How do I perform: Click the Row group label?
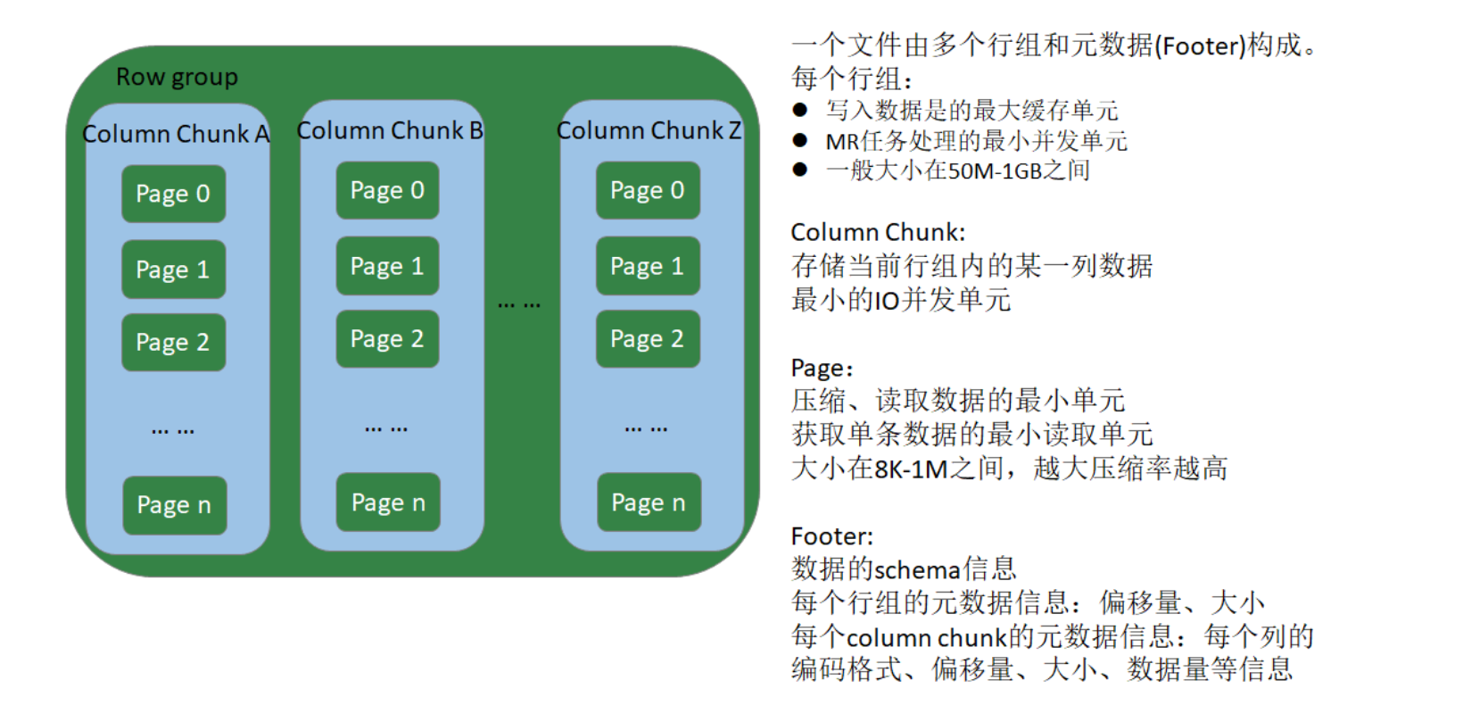(177, 78)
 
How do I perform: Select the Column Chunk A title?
(176, 134)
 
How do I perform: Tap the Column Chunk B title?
(390, 130)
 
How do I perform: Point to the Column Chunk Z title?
(649, 130)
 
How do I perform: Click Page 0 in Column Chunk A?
(173, 194)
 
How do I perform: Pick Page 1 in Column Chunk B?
(387, 266)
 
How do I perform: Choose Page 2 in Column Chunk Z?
(648, 339)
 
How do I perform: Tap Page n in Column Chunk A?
(174, 505)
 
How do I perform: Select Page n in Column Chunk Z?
(649, 502)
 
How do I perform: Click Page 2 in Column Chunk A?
(173, 342)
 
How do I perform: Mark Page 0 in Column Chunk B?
(387, 190)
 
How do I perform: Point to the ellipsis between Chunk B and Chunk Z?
(519, 305)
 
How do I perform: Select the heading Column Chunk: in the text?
(878, 233)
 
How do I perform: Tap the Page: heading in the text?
(822, 369)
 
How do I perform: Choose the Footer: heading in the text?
(831, 536)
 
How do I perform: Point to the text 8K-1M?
(911, 469)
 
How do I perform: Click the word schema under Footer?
(917, 569)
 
